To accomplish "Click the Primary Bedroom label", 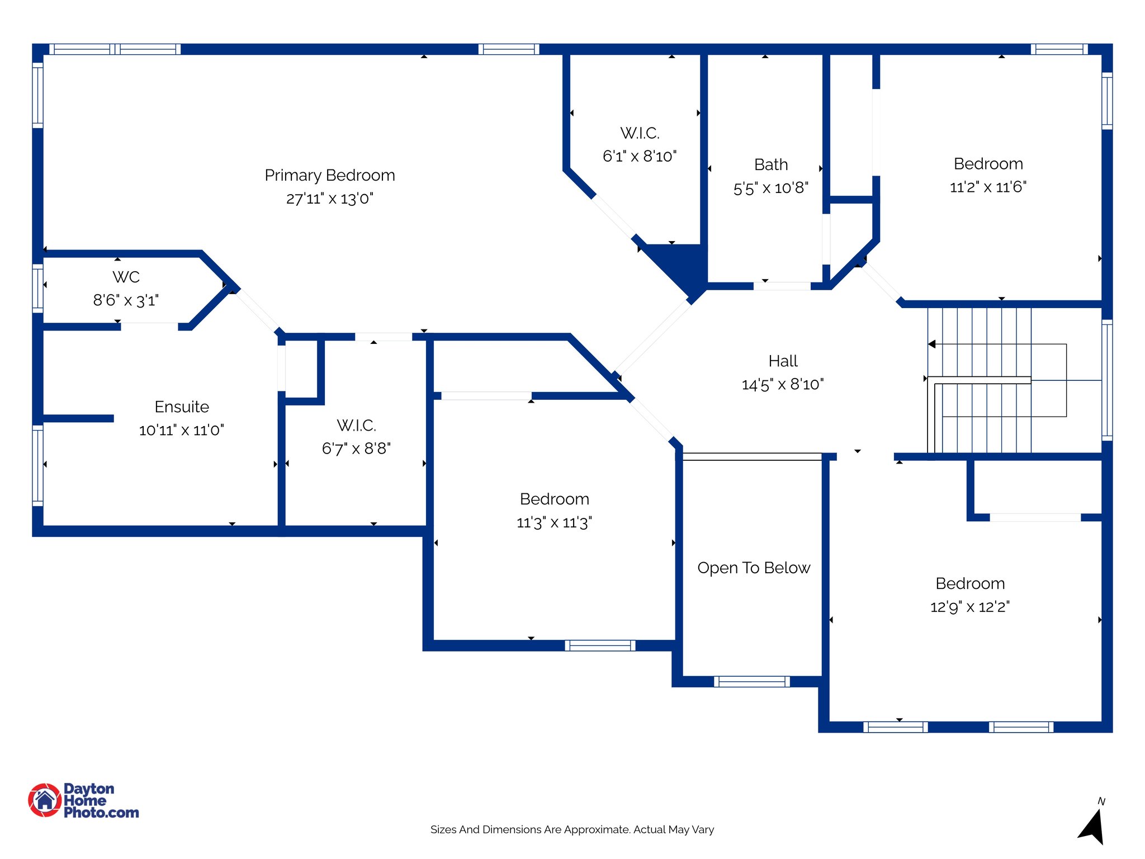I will pos(329,175).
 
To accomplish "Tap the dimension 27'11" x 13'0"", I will pos(329,199).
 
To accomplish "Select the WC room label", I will pos(126,277).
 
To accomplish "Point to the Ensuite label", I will pos(182,407).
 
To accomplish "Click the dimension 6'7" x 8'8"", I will pos(356,449).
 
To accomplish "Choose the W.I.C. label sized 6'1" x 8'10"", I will pos(640,133).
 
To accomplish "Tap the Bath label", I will pos(771,164).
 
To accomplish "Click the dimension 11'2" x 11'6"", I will pos(988,187).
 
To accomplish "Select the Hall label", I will pos(783,361).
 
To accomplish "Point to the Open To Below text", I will pos(754,568).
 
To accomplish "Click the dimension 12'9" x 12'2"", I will pos(970,607).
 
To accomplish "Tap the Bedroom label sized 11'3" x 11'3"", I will pos(554,499).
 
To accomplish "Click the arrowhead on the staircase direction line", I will pos(932,344).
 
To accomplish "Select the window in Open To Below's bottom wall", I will pos(751,681).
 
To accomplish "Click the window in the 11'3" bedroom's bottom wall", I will pos(600,645).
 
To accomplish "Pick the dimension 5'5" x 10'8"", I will pos(771,188).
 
